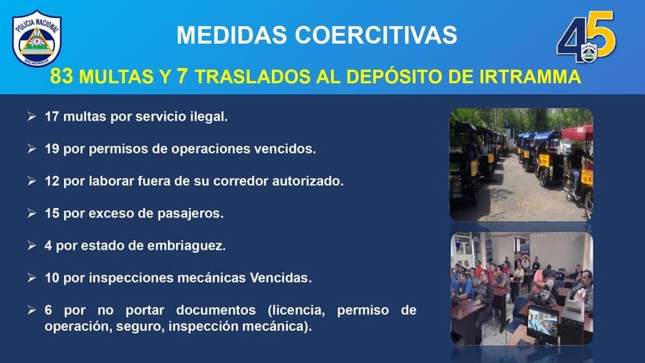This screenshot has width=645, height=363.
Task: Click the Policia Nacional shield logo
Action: [x=37, y=38]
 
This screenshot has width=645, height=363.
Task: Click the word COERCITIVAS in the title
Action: [x=376, y=34]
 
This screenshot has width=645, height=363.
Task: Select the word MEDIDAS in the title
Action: [x=231, y=34]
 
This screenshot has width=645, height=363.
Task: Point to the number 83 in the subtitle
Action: [x=61, y=77]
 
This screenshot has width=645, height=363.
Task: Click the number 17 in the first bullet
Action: [x=52, y=117]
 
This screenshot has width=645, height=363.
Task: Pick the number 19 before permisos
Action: [x=52, y=149]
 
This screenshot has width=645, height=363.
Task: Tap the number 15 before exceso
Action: [x=52, y=214]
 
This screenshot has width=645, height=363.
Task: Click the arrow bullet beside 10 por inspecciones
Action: [x=32, y=278]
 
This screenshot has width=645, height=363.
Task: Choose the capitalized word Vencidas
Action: [x=281, y=278]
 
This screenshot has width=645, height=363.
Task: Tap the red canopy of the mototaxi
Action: [x=577, y=133]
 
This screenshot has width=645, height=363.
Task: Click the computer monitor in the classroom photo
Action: [x=543, y=323]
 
